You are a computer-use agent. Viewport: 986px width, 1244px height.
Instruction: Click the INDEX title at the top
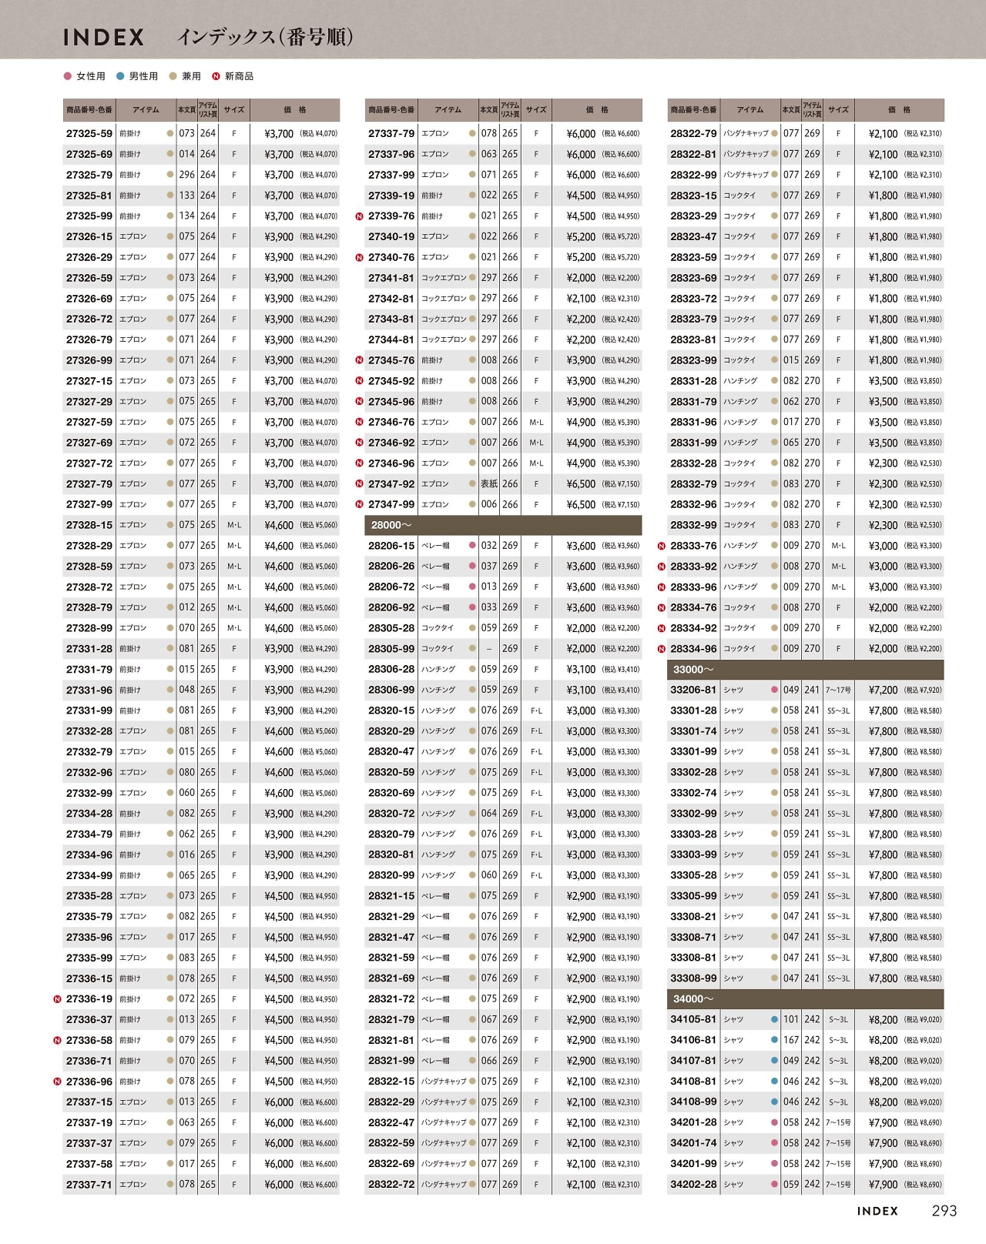coord(103,37)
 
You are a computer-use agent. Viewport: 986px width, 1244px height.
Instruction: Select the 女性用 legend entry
coord(85,76)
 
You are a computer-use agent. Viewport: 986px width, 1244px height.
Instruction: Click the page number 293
coord(944,1211)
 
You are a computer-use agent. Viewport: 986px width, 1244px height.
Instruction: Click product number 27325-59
coord(89,134)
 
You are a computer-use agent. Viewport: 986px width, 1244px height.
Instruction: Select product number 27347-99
coord(391,505)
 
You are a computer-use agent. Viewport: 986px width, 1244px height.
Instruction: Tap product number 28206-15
coord(391,546)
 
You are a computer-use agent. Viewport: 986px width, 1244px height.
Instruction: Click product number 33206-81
coord(693,691)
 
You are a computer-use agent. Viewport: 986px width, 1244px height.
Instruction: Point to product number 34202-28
coord(693,1185)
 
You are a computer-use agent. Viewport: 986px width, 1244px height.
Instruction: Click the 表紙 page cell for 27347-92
coord(489,484)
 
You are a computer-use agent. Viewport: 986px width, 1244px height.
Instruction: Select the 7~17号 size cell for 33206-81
coord(838,691)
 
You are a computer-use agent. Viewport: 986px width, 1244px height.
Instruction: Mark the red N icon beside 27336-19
coord(57,999)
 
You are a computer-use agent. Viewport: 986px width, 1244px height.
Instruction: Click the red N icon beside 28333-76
coord(662,546)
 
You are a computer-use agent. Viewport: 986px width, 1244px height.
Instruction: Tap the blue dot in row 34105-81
coord(774,1020)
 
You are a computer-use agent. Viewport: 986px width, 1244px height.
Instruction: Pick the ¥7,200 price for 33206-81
coord(883,691)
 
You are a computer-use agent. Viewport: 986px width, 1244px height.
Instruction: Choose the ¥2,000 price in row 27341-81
coord(581,278)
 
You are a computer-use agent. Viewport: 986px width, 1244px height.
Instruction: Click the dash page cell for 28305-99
coord(489,649)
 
